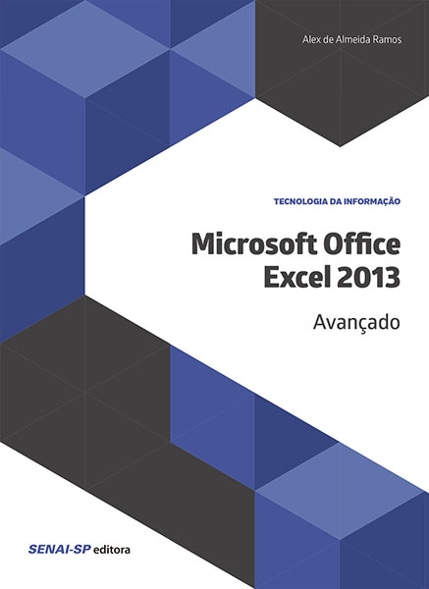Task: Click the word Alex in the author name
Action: tap(310, 39)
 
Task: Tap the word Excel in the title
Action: tap(295, 277)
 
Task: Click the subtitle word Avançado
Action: tap(356, 322)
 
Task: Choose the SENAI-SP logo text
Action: tap(60, 550)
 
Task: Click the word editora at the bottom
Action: tap(112, 550)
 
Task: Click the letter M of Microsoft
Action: tap(203, 244)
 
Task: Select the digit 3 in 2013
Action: tap(394, 277)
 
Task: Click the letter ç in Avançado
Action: tap(360, 325)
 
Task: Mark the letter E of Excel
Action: tap(271, 277)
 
